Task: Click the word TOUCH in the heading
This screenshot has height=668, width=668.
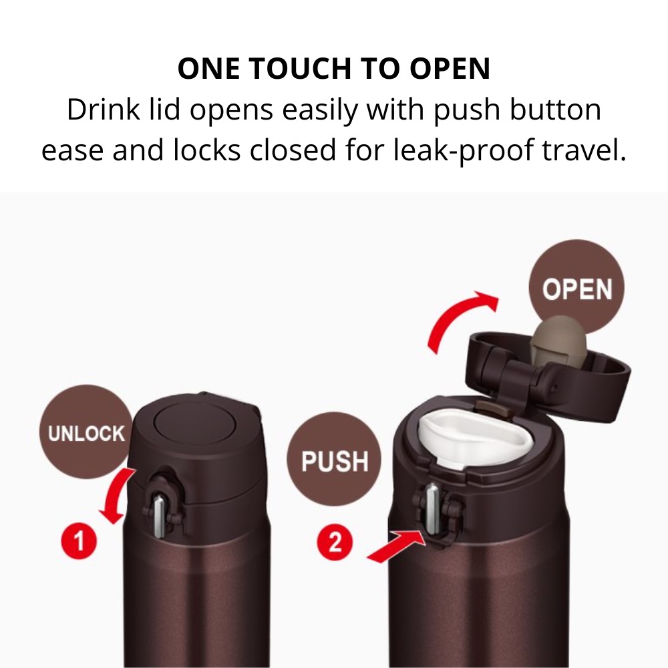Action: (298, 68)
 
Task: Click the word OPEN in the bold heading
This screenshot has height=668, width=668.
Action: (450, 68)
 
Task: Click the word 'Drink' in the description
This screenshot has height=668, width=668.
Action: (104, 110)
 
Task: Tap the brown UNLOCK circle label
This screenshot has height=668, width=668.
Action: (86, 432)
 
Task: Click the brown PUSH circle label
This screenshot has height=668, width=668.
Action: (335, 460)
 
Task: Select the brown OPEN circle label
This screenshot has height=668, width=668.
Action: (576, 288)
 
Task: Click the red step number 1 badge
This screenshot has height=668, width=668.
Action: (79, 542)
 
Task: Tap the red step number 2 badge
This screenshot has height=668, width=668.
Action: (335, 542)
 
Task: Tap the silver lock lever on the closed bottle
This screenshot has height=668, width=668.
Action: (159, 516)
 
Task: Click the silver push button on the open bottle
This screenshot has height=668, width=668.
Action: (433, 508)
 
